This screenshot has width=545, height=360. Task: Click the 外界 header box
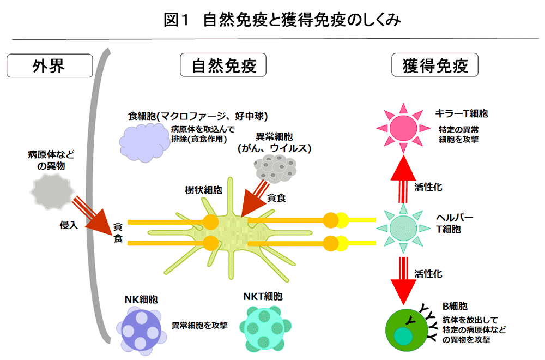49,66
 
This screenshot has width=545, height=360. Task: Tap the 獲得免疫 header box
435,66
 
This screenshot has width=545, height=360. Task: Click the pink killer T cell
403,128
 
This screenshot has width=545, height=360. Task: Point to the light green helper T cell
403,226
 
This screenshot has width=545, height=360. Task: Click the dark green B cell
406,330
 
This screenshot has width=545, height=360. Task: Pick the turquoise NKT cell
265,327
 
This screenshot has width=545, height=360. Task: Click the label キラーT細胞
461,114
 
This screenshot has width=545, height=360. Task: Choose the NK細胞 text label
141,299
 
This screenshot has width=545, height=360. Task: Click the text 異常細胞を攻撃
199,325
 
